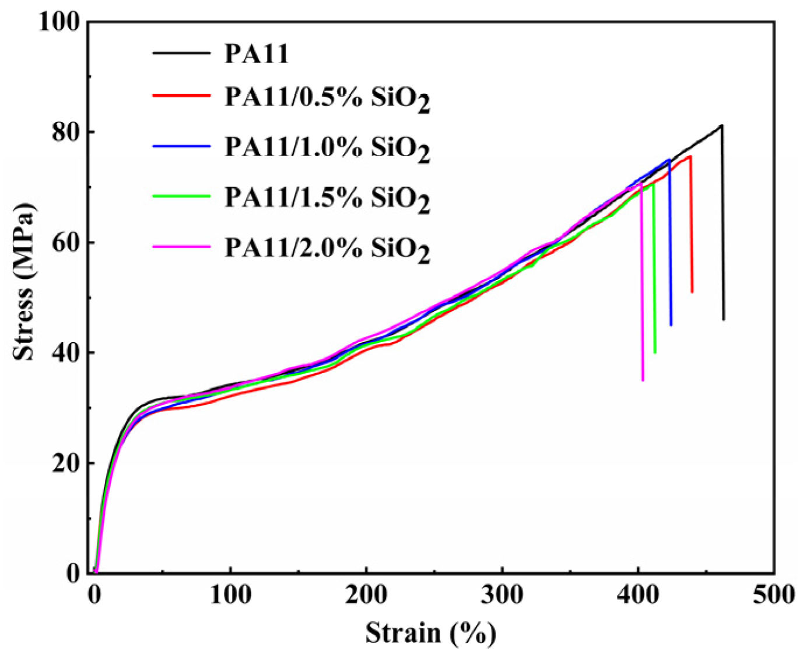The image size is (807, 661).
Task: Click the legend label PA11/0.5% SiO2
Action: [x=327, y=99]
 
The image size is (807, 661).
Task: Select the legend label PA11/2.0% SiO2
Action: [x=327, y=250]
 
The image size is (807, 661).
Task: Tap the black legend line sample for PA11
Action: [x=181, y=53]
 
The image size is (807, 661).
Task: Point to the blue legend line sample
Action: [x=181, y=146]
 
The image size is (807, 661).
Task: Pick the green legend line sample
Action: [x=181, y=197]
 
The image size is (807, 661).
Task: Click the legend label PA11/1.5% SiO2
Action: [x=327, y=199]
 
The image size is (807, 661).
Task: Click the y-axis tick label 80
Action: [x=65, y=132]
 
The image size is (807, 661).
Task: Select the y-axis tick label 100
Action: [x=59, y=22]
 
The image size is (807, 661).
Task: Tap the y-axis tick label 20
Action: [x=65, y=464]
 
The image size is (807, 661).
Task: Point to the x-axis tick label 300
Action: [x=502, y=595]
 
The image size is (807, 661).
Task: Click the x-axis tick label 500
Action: [x=773, y=595]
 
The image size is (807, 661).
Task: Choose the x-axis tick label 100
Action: [x=230, y=595]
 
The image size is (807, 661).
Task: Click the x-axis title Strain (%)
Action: [x=431, y=633]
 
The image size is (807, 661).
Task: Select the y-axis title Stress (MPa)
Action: [x=24, y=282]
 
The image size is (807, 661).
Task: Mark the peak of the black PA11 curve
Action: [x=722, y=125]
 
